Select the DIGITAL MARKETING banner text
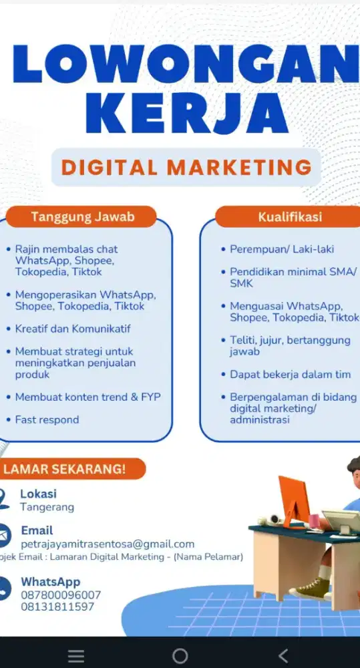(186, 167)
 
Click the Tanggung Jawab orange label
(83, 216)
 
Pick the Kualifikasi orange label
(290, 216)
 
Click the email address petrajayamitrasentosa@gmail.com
(107, 544)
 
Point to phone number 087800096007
(61, 595)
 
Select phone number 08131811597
(57, 607)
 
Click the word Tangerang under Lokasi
(47, 507)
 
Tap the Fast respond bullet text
(47, 420)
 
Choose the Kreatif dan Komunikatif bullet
(73, 329)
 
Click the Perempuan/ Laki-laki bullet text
(282, 249)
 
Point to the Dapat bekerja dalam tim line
(290, 374)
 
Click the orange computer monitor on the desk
(294, 500)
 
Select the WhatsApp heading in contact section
(50, 582)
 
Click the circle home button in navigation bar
(180, 656)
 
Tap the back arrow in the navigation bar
(283, 656)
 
